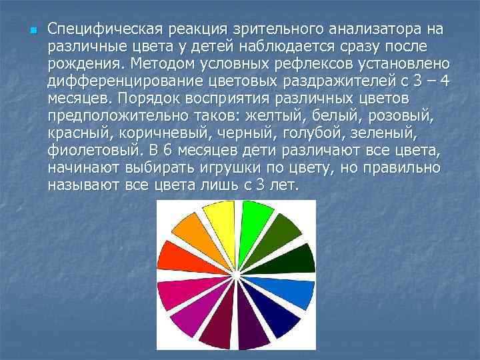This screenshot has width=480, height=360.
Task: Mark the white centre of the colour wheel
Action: [235, 274]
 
